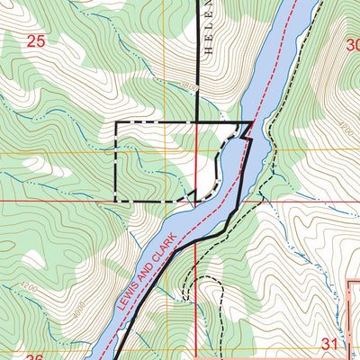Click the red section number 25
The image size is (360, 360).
(x=36, y=40)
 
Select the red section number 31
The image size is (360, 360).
(x=329, y=343)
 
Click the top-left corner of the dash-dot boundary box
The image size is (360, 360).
(x=116, y=122)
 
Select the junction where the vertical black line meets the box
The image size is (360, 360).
(x=197, y=122)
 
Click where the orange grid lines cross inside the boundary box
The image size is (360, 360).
(x=196, y=151)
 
